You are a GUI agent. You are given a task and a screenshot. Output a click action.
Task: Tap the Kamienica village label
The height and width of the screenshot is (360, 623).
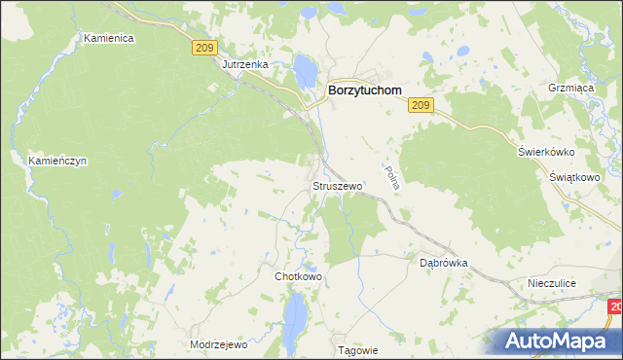108,38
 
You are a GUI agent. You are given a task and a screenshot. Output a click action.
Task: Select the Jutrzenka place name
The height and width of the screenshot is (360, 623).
244,64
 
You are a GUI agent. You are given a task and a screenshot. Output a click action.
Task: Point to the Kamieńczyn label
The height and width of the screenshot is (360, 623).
57,161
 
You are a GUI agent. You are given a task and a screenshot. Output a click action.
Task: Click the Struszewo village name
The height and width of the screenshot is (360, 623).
337,185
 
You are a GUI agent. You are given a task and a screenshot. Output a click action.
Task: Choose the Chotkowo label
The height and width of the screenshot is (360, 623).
298,276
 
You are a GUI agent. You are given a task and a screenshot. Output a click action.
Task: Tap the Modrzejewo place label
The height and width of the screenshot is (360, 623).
219,344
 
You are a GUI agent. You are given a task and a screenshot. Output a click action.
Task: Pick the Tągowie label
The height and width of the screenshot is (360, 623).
355,349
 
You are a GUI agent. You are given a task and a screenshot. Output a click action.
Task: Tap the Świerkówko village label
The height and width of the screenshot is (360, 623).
546,152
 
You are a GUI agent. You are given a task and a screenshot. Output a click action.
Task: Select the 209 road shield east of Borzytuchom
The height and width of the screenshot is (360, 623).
421,105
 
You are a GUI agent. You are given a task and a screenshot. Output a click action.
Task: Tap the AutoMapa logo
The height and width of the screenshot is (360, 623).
560,341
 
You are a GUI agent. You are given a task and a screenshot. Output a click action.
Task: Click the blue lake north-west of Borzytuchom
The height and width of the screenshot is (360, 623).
305,69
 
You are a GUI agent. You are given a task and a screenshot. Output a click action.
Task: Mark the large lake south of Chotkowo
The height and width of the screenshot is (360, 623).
295,315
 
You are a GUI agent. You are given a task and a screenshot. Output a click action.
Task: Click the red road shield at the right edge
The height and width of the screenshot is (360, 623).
616,307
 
